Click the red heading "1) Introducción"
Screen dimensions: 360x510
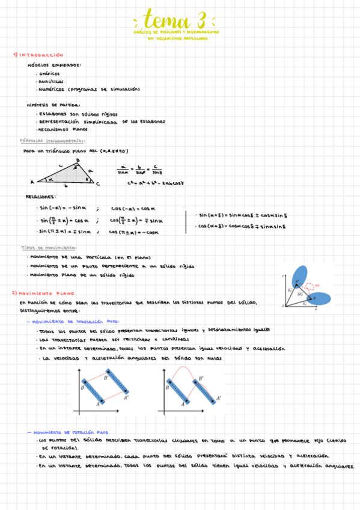[38, 55]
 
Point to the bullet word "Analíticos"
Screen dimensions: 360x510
[51, 81]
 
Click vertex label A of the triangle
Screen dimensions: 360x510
[31, 182]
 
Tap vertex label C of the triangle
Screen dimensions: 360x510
[98, 184]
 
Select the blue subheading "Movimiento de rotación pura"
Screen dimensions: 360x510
[71, 432]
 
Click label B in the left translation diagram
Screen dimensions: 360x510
[82, 389]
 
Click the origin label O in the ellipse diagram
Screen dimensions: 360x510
[282, 306]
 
